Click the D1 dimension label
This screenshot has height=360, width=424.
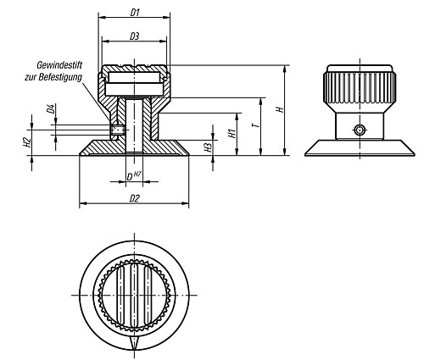[134, 12]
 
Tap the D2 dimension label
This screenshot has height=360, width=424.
[134, 197]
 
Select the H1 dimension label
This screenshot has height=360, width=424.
[232, 134]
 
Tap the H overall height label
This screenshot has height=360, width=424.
[279, 108]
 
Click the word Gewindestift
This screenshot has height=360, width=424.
[59, 65]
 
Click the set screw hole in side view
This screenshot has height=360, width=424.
[359, 129]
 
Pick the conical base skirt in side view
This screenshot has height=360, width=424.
[358, 147]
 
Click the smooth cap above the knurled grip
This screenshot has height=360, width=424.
[358, 69]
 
